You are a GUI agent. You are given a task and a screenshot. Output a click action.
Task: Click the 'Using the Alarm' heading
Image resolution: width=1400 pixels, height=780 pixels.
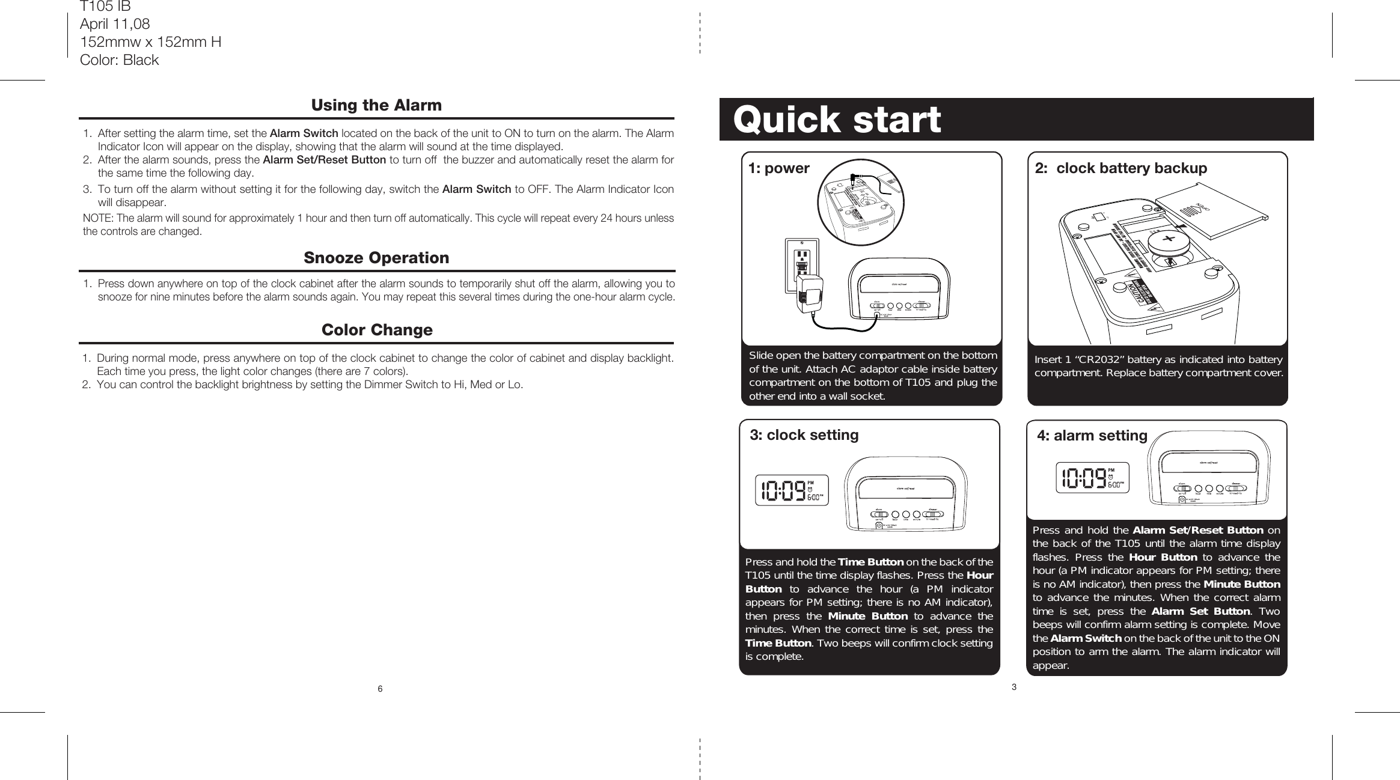pyautogui.click(x=376, y=105)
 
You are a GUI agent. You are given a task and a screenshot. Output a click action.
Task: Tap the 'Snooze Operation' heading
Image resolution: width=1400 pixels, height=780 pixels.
pyautogui.click(x=376, y=258)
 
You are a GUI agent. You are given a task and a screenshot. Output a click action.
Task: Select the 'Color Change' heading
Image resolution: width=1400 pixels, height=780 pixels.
pyautogui.click(x=377, y=330)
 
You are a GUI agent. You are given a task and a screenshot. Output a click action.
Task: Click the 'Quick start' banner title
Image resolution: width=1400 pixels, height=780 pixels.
pyautogui.click(x=836, y=120)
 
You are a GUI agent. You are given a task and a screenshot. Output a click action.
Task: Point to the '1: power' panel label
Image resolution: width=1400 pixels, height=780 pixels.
pyautogui.click(x=778, y=168)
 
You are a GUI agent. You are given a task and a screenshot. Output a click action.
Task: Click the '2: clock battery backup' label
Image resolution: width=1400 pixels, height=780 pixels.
pyautogui.click(x=1120, y=168)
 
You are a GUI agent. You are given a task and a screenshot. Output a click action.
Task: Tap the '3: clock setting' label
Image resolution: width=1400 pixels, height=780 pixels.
pyautogui.click(x=804, y=435)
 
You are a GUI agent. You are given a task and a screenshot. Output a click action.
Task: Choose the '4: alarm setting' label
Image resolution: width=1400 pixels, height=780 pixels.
pyautogui.click(x=1092, y=436)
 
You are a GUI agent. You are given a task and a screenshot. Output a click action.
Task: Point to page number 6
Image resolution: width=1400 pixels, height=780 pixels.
pyautogui.click(x=380, y=688)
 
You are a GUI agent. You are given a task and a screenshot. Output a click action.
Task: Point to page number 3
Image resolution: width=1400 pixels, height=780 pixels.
pyautogui.click(x=1013, y=687)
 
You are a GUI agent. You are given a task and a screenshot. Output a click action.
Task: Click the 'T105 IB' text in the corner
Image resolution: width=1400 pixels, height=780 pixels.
pyautogui.click(x=105, y=7)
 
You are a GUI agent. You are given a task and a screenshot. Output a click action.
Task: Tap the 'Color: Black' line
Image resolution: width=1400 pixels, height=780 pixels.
pyautogui.click(x=119, y=60)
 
